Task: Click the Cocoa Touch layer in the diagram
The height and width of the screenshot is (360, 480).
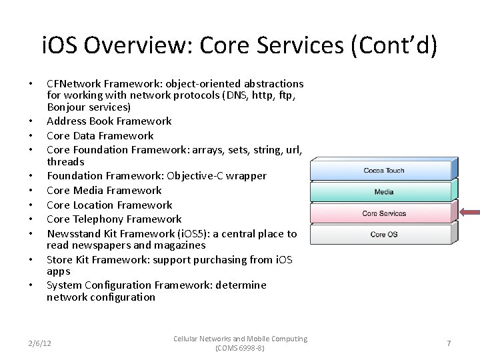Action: (383, 171)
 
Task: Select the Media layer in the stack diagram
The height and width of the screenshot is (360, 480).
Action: (383, 192)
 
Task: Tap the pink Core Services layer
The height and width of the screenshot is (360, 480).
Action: (383, 213)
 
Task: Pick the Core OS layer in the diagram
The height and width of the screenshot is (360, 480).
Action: (383, 235)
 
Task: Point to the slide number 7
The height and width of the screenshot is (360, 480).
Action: (449, 343)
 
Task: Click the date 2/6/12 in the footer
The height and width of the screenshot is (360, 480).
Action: (40, 343)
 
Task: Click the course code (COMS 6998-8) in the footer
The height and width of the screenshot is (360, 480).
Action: (240, 349)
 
